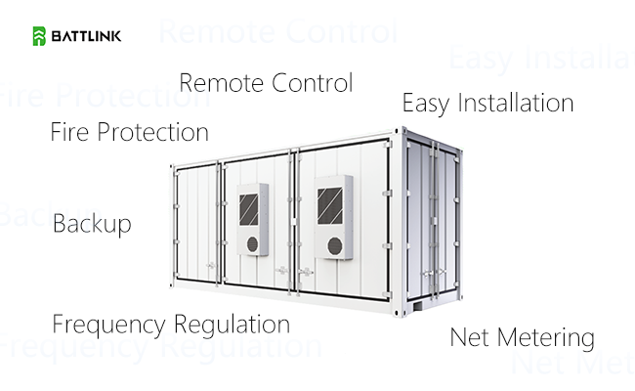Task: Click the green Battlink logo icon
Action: pyautogui.click(x=39, y=36)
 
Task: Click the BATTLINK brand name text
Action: pyautogui.click(x=86, y=36)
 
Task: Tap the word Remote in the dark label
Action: pyautogui.click(x=221, y=83)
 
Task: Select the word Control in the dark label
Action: pyautogui.click(x=313, y=83)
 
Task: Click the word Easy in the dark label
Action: pyautogui.click(x=426, y=103)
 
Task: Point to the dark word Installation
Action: pyautogui.click(x=516, y=103)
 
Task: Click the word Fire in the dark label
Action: pyautogui.click(x=69, y=132)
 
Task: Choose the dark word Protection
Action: pyautogui.click(x=152, y=132)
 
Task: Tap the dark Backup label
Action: pyautogui.click(x=92, y=224)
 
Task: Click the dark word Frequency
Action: pyautogui.click(x=109, y=325)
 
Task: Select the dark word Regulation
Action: pyautogui.click(x=233, y=325)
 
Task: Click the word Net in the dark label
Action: pyautogui.click(x=469, y=337)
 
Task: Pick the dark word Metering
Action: pyautogui.click(x=546, y=338)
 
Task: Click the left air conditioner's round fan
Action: pyautogui.click(x=252, y=244)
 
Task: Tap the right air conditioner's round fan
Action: pyautogui.click(x=335, y=246)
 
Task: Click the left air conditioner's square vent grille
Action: pyautogui.click(x=249, y=209)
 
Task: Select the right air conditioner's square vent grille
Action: pyautogui.click(x=329, y=205)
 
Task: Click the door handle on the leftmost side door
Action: pyautogui.click(x=211, y=266)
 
